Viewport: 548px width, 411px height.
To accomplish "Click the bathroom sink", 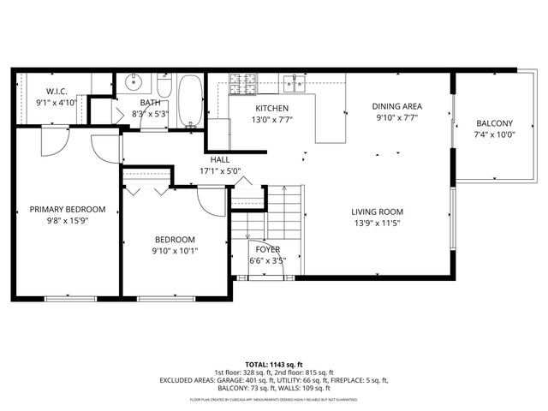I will pos(133,84).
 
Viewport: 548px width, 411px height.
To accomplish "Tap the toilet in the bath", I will pos(164,86).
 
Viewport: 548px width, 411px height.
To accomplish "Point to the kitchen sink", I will pos(296,83).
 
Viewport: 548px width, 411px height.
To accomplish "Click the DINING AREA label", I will pos(397,107).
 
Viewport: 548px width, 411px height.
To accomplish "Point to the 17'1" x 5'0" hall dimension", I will pos(220,170).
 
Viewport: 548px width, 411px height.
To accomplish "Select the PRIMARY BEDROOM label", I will pos(68,209).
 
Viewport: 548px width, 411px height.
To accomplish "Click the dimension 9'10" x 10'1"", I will pos(175,251).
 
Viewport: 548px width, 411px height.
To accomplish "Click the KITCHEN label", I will pos(271,108).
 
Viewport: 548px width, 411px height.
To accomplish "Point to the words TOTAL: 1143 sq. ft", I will pos(275,364).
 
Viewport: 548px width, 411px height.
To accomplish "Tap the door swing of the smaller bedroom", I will pos(211,203).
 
